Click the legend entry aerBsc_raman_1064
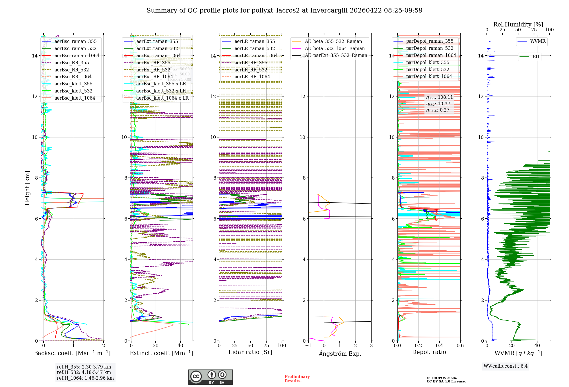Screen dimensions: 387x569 coord(77,55)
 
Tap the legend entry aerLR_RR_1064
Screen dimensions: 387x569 coord(252,77)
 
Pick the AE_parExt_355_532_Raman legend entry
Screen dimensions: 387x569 coord(336,55)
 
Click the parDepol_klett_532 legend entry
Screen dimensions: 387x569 coord(427,69)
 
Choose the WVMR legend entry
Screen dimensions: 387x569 coord(538,41)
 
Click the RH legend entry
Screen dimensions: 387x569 coord(536,57)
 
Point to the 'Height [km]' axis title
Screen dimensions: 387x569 coord(27,188)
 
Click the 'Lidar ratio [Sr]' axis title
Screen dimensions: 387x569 coord(250,352)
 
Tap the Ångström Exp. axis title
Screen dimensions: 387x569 coord(340,353)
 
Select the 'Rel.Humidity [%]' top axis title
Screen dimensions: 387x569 coord(518,24)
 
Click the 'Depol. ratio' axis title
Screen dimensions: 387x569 coord(429,352)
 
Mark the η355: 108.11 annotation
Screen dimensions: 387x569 coord(439,97)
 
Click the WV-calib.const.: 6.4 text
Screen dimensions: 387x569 coord(505,366)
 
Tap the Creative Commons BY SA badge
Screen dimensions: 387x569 coord(210,377)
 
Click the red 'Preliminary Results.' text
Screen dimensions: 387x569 coord(297,378)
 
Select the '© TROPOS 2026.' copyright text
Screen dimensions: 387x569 coord(442,378)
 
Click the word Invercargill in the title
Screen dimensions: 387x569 coord(329,11)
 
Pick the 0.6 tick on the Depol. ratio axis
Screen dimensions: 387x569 coord(460,346)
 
